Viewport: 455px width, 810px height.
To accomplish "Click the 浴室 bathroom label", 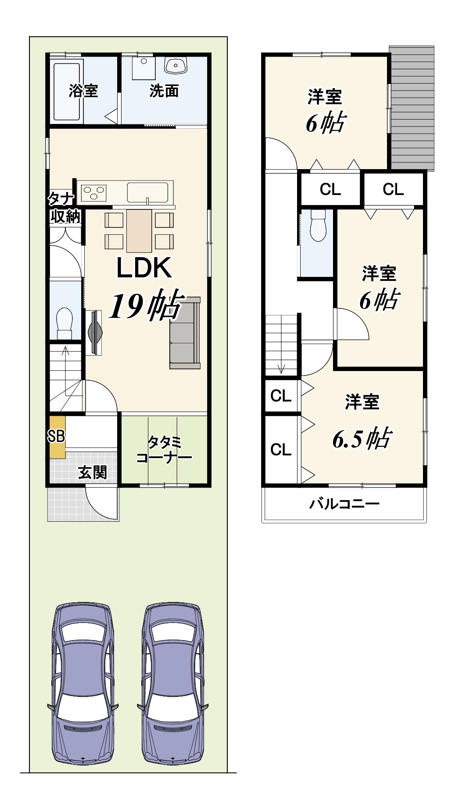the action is [83, 91].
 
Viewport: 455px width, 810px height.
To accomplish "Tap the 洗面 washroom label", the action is [164, 91].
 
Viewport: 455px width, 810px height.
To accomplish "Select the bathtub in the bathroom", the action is [67, 91].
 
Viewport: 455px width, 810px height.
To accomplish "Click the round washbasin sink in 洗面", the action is [176, 66].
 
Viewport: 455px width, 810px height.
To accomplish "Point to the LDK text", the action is [144, 268].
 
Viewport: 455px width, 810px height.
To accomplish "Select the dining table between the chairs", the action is [139, 231].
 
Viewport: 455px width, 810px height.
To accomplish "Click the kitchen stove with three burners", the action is [94, 192].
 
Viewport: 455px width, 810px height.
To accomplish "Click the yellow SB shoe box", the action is [57, 436].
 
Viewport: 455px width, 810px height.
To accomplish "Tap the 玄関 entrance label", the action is [92, 472].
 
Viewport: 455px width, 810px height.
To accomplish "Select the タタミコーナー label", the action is [164, 450].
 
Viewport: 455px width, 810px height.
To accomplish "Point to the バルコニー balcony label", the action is [344, 504].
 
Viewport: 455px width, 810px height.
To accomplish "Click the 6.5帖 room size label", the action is [362, 438].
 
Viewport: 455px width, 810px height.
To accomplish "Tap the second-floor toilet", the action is [318, 226].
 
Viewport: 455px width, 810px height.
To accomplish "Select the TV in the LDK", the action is [94, 332].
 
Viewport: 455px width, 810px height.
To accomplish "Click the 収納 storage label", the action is [65, 216].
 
